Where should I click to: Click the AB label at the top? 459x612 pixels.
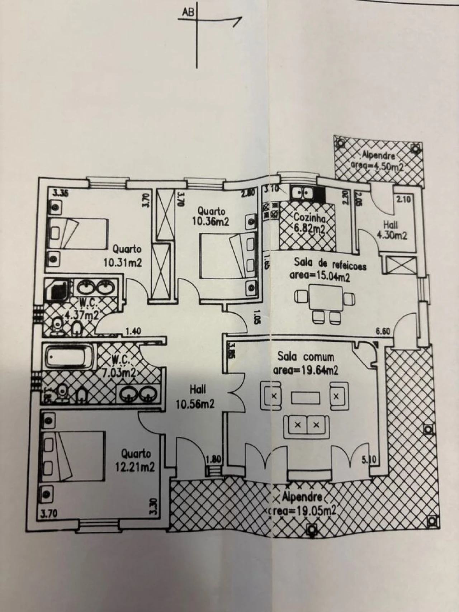(x=188, y=13)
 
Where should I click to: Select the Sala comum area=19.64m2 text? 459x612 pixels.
(x=306, y=364)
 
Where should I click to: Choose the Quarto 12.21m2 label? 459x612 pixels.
(x=135, y=460)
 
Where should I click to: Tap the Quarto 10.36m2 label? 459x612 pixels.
(x=210, y=216)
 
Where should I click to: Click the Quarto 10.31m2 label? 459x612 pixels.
(x=123, y=256)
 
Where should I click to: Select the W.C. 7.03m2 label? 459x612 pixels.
(x=119, y=366)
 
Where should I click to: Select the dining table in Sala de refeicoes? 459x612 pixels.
(x=325, y=297)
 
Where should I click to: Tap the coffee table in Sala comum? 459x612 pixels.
(x=305, y=398)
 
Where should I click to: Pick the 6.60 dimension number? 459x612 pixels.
(x=383, y=332)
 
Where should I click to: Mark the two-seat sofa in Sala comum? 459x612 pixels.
(x=307, y=426)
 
